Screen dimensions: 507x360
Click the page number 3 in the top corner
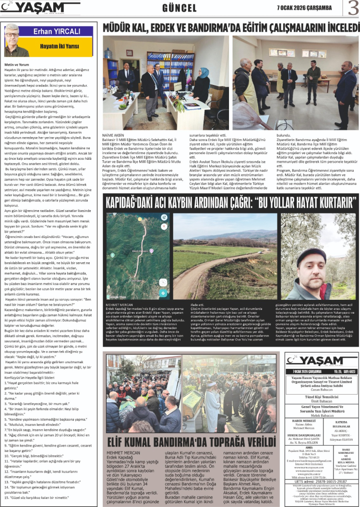352,8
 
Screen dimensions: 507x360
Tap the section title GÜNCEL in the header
180,8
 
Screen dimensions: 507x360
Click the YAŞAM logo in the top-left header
41,8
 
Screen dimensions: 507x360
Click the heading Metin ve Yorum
17,64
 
